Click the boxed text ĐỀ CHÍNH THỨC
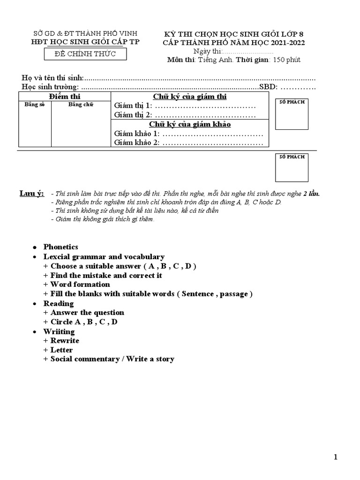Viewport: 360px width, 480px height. (86, 54)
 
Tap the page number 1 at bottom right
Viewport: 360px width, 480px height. (336, 457)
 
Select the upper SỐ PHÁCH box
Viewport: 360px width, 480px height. (292, 114)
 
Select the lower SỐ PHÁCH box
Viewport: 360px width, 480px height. (292, 167)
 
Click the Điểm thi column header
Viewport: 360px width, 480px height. (64, 96)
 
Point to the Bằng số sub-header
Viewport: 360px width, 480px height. (34, 104)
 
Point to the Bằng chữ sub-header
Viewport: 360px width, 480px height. (81, 104)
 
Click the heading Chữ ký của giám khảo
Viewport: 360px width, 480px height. (190, 124)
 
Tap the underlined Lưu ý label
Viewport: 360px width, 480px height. (31, 194)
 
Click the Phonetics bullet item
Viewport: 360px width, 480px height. (60, 247)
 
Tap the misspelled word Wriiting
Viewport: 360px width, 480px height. (59, 331)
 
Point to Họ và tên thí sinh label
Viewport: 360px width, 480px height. (52, 77)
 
